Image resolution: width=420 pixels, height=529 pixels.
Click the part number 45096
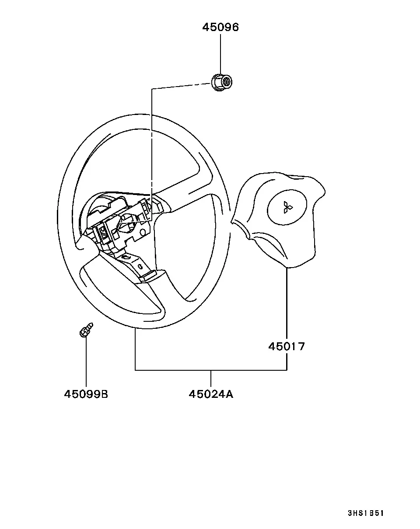(x=220, y=27)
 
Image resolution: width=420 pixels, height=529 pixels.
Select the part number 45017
(x=287, y=346)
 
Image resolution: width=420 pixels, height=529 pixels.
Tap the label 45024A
(x=211, y=394)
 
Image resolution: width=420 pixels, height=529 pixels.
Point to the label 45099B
(x=86, y=394)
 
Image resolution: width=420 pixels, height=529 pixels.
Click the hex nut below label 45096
(x=222, y=82)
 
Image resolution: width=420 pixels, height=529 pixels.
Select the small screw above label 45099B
(x=86, y=330)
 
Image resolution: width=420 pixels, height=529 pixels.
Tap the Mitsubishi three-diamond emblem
(x=287, y=207)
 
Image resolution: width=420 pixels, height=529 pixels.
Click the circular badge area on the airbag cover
(x=287, y=207)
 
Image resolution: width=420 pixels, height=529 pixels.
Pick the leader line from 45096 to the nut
(x=220, y=54)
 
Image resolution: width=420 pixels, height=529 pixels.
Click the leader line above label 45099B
(x=86, y=362)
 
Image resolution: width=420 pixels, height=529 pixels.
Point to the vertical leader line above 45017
(x=287, y=304)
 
